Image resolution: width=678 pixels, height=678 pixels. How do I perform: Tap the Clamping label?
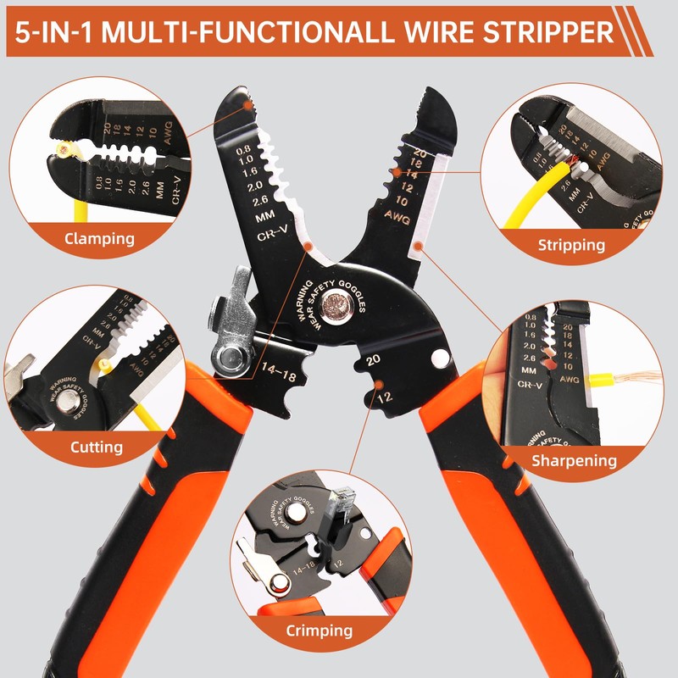click(x=99, y=238)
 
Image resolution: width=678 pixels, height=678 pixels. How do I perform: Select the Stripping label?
click(x=571, y=245)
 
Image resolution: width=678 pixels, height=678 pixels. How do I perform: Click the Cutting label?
click(x=96, y=447)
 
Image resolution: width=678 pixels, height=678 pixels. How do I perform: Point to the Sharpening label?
click(x=574, y=461)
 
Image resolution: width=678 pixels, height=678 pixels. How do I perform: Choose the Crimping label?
click(x=319, y=631)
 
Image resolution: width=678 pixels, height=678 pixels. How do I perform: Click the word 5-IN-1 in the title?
click(x=57, y=31)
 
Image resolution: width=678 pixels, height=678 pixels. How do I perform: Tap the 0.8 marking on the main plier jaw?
click(x=224, y=143)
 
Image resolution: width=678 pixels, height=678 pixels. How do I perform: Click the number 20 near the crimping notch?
click(x=373, y=360)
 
